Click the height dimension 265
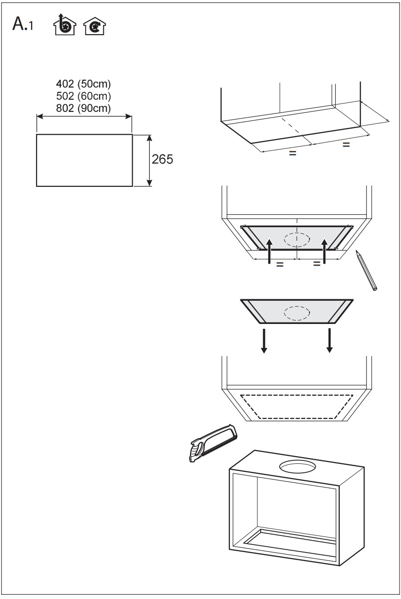162,159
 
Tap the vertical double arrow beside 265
150,160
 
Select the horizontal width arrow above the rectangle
84,116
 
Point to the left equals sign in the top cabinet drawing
293,153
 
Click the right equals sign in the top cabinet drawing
346,145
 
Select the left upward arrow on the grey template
270,251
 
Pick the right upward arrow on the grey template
325,251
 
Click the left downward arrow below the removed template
264,340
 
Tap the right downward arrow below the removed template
329,340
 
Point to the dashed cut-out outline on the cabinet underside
297,406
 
